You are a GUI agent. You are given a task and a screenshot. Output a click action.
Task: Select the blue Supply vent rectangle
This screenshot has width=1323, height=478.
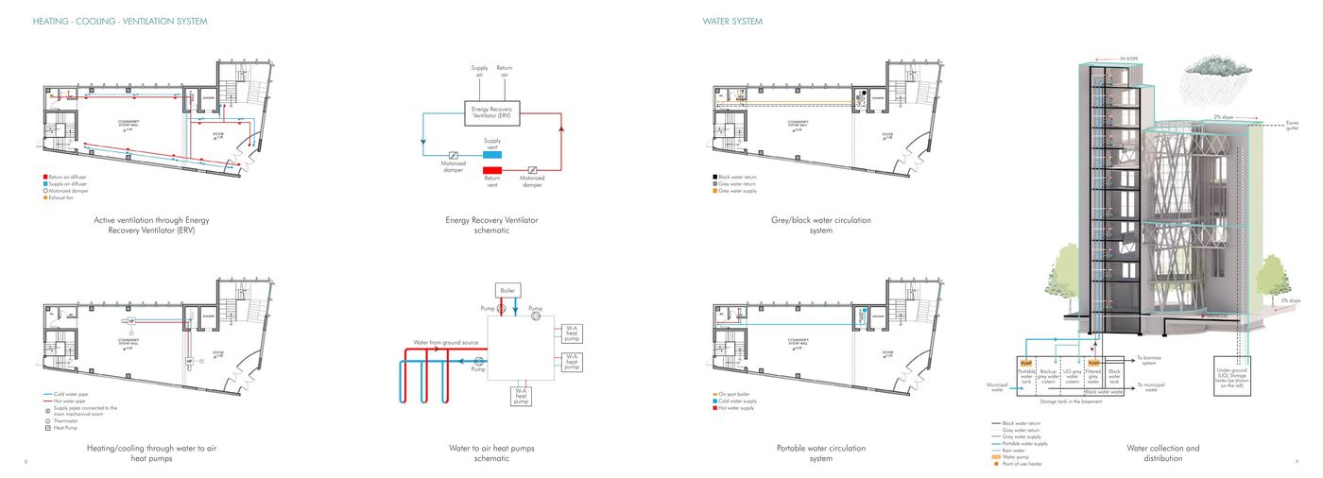tap(492, 153)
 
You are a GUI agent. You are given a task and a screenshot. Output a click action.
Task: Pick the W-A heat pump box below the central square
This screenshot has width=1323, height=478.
tap(521, 397)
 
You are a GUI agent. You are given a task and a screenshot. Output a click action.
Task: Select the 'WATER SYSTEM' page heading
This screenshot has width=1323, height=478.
tap(732, 21)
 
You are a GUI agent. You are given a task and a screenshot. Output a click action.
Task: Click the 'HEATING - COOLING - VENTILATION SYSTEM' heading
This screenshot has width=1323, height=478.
tap(120, 21)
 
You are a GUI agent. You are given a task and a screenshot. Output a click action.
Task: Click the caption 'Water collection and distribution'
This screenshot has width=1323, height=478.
tap(1162, 453)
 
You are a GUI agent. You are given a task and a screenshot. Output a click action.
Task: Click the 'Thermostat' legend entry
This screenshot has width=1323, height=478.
tap(63, 420)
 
